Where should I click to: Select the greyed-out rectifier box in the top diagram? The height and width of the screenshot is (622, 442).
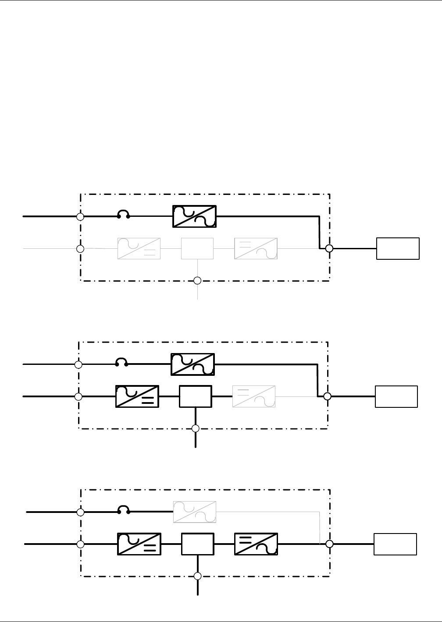139,249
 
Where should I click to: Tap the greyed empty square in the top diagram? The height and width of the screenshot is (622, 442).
197,249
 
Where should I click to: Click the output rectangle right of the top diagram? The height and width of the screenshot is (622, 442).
398,249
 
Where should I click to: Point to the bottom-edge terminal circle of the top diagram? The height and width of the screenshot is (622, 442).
197,280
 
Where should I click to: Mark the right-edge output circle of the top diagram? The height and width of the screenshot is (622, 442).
329,248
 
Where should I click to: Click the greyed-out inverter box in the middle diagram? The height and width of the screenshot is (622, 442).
254,396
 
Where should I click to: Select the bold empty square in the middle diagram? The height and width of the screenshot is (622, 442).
196,396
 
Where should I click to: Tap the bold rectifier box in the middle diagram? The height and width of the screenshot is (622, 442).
137,396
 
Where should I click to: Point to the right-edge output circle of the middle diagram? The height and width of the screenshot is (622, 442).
327,396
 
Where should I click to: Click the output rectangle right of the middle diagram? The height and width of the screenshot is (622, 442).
396,396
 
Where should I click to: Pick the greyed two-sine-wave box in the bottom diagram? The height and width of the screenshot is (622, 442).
195,512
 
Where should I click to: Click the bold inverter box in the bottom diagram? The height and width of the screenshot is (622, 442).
256,544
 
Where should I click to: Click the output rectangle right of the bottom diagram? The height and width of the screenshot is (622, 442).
395,544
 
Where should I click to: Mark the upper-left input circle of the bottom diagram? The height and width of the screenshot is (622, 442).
81,512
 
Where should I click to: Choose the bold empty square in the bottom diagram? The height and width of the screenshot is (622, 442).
198,544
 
